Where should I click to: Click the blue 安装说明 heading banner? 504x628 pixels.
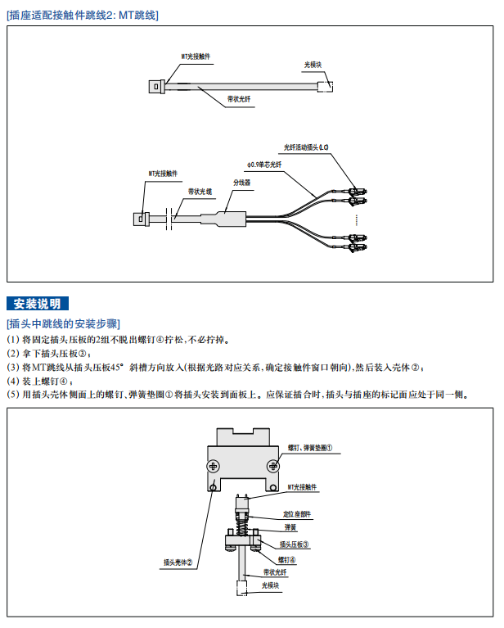(38, 304)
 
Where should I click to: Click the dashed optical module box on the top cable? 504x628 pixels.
(324, 85)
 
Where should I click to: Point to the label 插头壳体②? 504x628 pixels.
(178, 562)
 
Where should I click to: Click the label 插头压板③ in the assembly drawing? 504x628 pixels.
(294, 544)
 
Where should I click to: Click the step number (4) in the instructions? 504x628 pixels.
(12, 381)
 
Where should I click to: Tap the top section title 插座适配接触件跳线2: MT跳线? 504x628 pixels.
(83, 15)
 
